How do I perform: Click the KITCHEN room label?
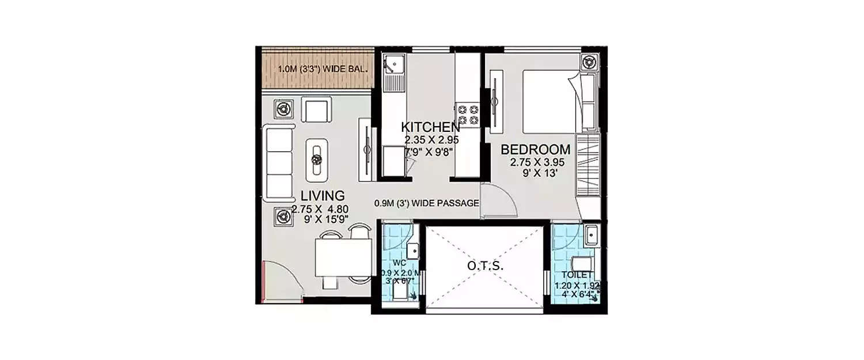click(430, 127)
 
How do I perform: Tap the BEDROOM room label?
click(536, 150)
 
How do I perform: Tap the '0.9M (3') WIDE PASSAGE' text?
click(426, 203)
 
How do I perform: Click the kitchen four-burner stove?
click(467, 113)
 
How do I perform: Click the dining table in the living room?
click(343, 257)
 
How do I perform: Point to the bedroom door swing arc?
click(496, 202)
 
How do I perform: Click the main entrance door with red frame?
click(281, 281)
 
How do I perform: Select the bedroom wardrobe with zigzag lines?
click(588, 167)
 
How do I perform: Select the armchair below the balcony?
click(316, 110)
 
